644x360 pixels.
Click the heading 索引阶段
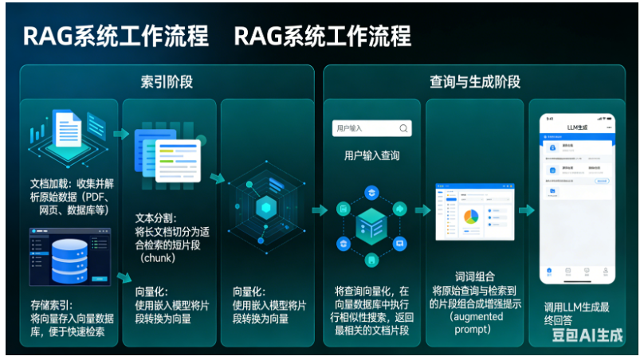167,81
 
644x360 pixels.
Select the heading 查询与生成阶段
475,81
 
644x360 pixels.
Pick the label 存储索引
49,304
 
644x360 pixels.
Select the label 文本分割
155,217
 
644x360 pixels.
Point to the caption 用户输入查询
371,156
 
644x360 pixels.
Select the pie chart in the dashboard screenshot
470,217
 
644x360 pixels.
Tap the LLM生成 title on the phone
576,127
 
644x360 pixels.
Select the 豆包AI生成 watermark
588,335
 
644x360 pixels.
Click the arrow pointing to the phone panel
526,210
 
